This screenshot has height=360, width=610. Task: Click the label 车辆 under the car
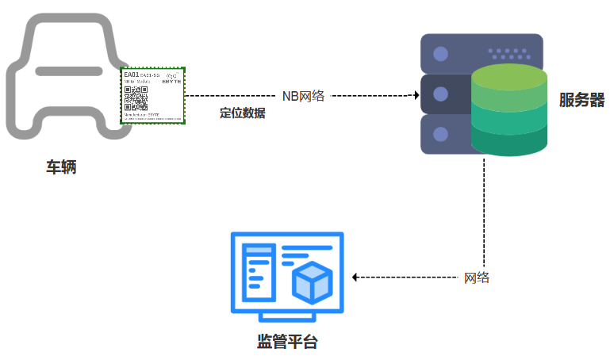click(61, 167)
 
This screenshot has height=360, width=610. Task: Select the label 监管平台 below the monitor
click(287, 343)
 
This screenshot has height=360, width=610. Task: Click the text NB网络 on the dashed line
click(303, 95)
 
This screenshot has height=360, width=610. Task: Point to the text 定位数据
click(242, 113)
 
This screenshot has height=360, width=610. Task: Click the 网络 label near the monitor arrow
click(477, 278)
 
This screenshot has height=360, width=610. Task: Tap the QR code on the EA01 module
click(136, 98)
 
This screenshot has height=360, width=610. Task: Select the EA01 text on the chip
click(132, 75)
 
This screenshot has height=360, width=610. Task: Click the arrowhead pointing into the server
click(415, 95)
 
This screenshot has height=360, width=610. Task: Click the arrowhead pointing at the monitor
click(355, 278)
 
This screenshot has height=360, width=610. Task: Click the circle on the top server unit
click(440, 55)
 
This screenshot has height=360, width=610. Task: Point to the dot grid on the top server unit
click(509, 53)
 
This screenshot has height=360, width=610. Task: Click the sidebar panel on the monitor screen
click(257, 273)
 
